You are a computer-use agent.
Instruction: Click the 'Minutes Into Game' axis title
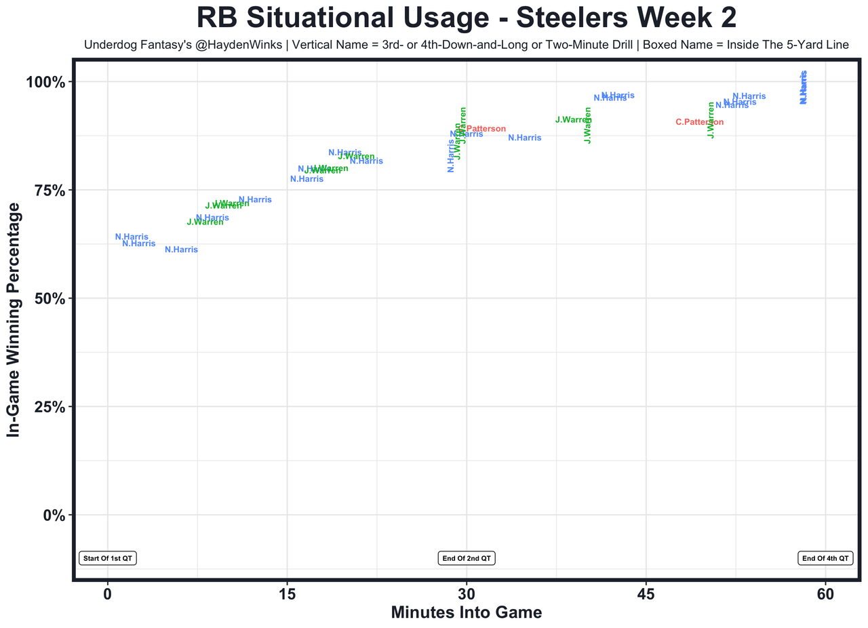tap(466, 612)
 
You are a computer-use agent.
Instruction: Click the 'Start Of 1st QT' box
tap(108, 558)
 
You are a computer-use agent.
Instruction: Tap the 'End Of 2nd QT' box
tap(467, 558)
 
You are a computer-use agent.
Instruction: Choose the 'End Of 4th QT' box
tap(825, 558)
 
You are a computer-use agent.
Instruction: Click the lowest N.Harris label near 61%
tap(181, 250)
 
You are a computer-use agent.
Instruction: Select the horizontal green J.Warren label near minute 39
tap(573, 120)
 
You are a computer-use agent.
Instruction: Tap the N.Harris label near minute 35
tap(524, 138)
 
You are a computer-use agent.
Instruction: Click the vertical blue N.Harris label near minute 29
tap(451, 155)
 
